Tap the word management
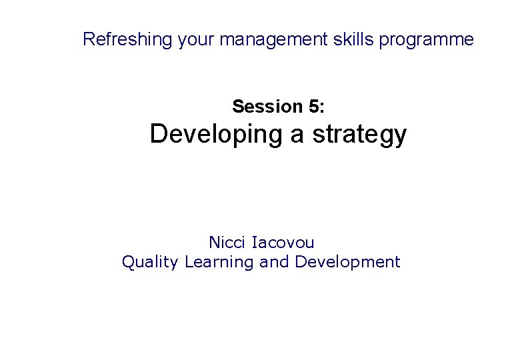[x=273, y=40]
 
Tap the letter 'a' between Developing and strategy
[x=297, y=135]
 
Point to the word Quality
[x=150, y=263]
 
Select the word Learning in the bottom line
[x=219, y=263]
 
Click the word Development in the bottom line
[x=347, y=263]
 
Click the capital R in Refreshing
[x=89, y=39]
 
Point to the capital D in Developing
[x=159, y=134]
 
